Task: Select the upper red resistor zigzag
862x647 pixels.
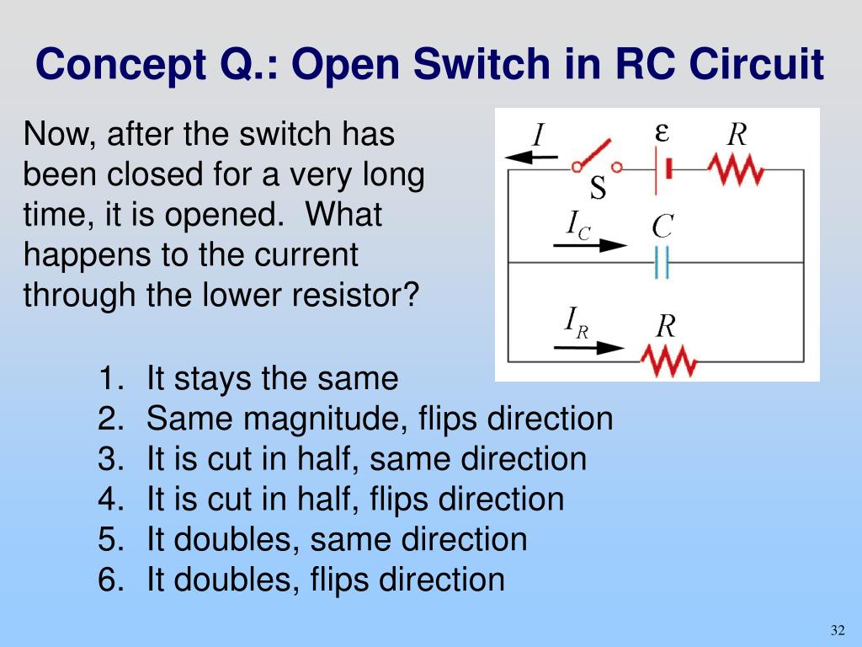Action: tap(735, 170)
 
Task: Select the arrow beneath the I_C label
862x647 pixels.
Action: tap(589, 245)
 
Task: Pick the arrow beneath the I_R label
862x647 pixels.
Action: tap(588, 347)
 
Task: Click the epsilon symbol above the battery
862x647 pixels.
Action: tap(662, 132)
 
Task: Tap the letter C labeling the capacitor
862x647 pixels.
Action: tap(662, 226)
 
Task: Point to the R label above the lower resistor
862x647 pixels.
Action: tap(666, 326)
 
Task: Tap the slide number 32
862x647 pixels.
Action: tap(837, 631)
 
